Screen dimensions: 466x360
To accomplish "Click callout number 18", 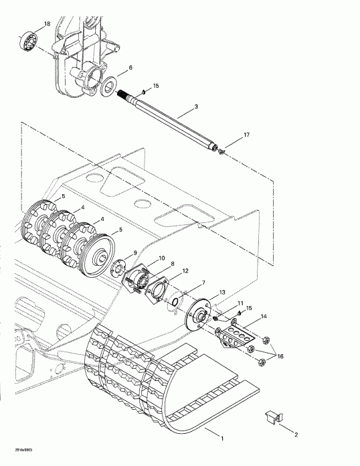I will (x=47, y=24).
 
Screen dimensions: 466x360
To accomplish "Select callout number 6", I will (x=130, y=68).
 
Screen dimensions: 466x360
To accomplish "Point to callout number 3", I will (x=196, y=106).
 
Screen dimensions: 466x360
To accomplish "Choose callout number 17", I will (x=247, y=135).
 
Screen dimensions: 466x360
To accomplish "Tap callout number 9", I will (x=136, y=252).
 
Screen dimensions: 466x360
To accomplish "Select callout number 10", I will (x=161, y=258).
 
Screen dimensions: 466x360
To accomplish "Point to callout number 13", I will (x=222, y=293).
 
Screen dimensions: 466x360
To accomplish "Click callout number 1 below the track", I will (x=223, y=440).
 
